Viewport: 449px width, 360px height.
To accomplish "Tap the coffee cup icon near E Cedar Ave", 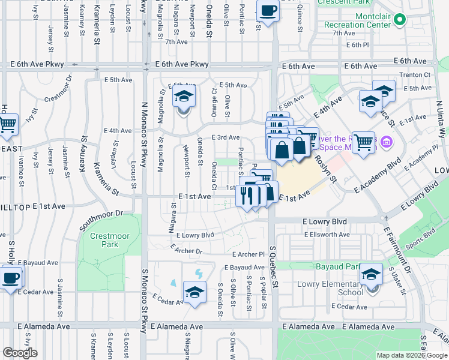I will [x=11, y=278].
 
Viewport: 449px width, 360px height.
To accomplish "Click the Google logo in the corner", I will [x=20, y=353].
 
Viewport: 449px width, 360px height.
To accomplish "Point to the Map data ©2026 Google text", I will [x=411, y=355].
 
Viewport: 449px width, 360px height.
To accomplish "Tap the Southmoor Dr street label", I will [x=101, y=221].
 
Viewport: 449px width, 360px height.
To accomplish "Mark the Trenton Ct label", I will [x=418, y=74].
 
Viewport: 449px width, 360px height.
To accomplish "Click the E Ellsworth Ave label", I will [x=327, y=235].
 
